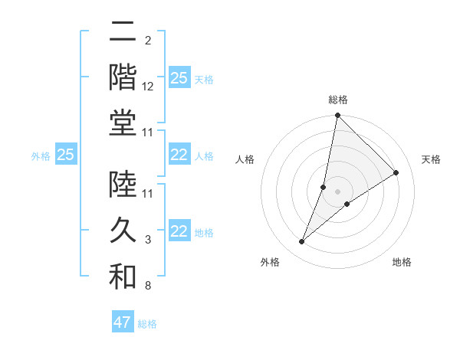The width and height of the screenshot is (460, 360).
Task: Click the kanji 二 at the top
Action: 122,33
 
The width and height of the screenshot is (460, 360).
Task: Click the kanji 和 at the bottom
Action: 122,277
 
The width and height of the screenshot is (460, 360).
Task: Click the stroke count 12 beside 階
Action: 148,87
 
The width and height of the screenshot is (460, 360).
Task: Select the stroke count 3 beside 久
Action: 148,240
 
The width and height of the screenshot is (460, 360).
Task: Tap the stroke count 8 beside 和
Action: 148,286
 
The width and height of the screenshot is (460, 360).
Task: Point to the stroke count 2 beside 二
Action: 148,40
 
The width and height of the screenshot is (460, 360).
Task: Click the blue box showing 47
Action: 123,322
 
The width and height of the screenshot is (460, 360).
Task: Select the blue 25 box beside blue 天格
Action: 179,78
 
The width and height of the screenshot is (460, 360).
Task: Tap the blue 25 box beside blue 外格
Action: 65,155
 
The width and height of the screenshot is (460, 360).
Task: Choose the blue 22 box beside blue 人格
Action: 179,155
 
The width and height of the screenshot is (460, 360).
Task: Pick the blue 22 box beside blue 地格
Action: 179,232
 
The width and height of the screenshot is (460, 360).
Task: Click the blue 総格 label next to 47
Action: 147,324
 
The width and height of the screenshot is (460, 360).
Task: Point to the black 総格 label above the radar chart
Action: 338,100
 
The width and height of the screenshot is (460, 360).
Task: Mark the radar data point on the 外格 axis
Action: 302,242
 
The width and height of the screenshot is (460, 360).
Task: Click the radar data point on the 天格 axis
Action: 396,172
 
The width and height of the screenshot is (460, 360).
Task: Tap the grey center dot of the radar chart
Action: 338,191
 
